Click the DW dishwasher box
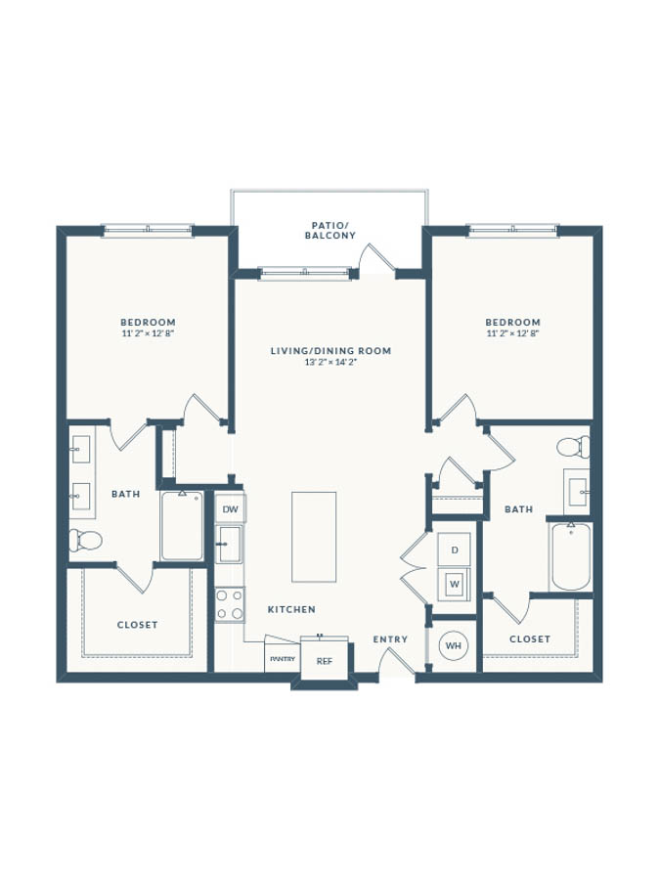pos(230,509)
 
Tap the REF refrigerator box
pos(325,660)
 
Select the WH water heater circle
pos(454,645)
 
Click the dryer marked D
pos(454,550)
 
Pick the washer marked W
pos(454,584)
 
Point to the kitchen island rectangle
pos(314,537)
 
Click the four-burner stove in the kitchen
pos(230,604)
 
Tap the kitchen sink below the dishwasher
pos(230,544)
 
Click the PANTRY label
pos(283,659)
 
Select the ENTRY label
pos(390,639)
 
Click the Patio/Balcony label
pos(330,230)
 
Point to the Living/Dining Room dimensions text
pos(331,362)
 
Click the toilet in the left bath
pos(85,540)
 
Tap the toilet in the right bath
pos(573,447)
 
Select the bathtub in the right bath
pos(570,556)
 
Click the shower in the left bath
pos(182,526)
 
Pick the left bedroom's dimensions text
pos(148,332)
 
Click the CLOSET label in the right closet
pos(530,638)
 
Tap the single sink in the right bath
pos(577,492)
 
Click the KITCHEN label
pos(291,609)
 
